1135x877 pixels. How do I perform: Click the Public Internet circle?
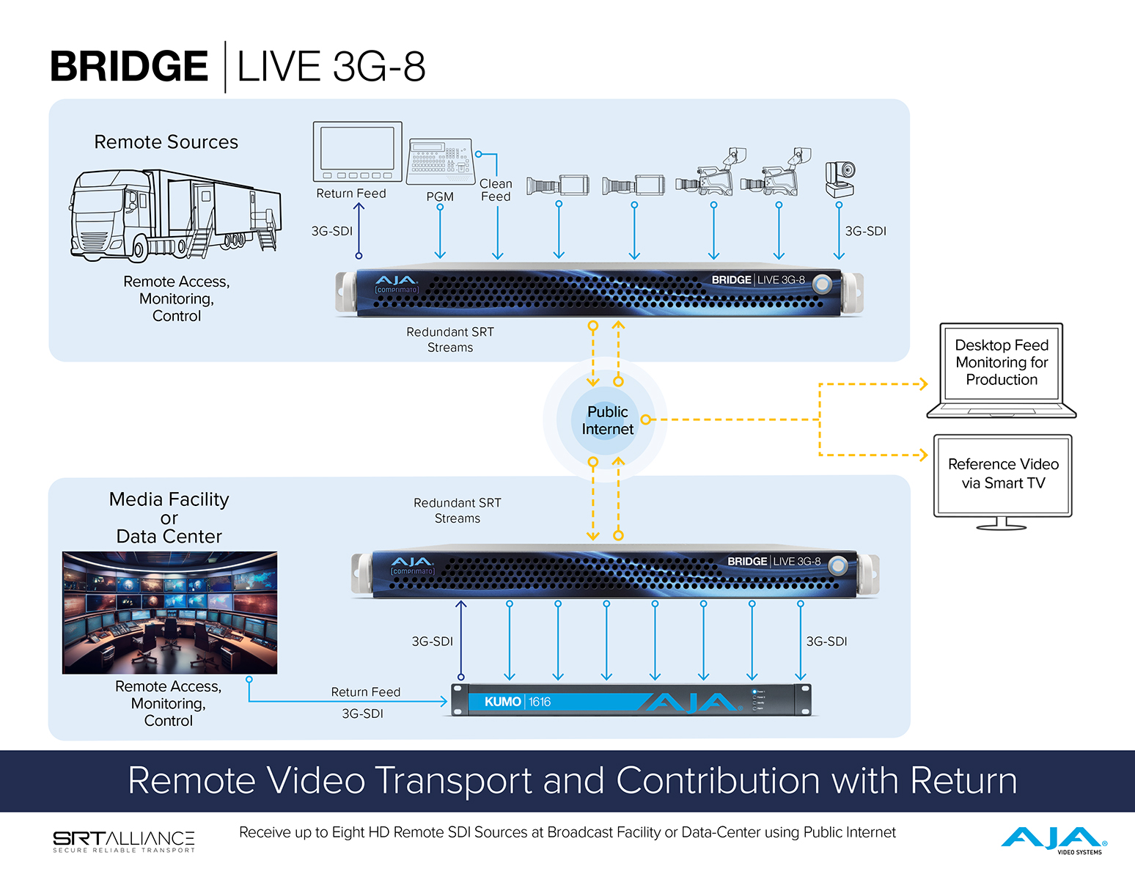click(606, 420)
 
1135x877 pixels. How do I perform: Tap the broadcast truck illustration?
click(175, 215)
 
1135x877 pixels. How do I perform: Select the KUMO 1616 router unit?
click(631, 701)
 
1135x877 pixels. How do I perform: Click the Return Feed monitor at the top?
click(358, 152)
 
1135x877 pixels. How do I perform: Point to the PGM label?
click(440, 197)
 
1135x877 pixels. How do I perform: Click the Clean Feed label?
click(496, 190)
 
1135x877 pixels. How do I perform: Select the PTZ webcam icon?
click(840, 179)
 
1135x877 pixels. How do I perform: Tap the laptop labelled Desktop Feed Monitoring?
click(1002, 370)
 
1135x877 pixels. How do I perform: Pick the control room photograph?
click(170, 612)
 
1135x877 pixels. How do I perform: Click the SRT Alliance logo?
click(123, 840)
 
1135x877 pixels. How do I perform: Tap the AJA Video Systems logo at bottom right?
click(1054, 840)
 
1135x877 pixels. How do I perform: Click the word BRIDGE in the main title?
click(129, 67)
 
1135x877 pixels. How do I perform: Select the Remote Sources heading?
click(166, 142)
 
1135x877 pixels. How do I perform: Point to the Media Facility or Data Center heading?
click(169, 518)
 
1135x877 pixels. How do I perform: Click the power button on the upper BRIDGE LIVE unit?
click(823, 284)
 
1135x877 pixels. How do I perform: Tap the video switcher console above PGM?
click(440, 161)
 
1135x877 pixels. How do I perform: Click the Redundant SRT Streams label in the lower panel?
click(458, 510)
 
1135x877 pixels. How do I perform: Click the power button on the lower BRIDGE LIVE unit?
click(838, 565)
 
